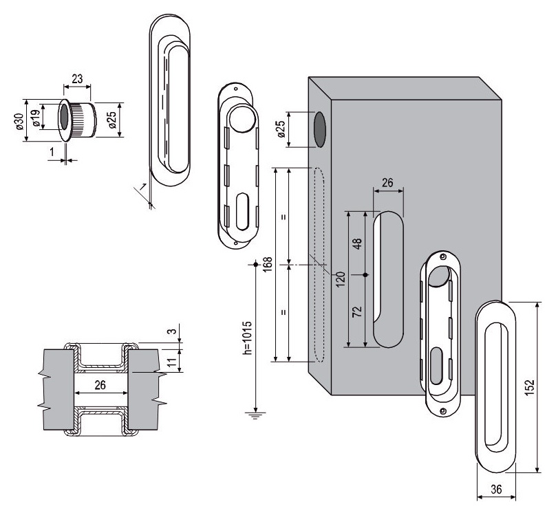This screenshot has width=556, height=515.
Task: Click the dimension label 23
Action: [77, 78]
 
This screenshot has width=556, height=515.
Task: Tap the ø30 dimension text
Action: [19, 121]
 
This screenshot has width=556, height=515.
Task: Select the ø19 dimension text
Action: [35, 118]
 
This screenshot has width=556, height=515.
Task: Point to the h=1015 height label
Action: [248, 338]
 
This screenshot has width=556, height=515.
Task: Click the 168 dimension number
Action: [268, 264]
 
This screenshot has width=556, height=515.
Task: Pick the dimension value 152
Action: [529, 388]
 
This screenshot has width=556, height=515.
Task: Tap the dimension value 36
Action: [496, 489]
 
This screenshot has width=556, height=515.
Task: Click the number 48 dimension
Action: [357, 243]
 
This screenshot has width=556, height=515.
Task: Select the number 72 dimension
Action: [357, 311]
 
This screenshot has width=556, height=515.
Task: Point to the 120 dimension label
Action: [340, 279]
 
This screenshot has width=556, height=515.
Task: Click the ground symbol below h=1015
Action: [255, 415]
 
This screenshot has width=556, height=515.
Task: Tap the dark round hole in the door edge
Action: [319, 130]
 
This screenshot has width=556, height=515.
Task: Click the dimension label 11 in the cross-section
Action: [171, 362]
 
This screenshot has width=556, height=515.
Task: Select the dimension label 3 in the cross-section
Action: [171, 331]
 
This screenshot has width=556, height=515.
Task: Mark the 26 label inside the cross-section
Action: [100, 385]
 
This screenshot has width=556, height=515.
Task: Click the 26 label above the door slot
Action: [387, 183]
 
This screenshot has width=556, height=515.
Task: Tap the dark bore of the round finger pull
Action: [64, 117]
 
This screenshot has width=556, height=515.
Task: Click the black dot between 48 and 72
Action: [366, 275]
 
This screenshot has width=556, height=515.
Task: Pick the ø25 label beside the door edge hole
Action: [281, 129]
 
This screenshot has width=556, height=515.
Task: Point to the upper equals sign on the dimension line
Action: [284, 217]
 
